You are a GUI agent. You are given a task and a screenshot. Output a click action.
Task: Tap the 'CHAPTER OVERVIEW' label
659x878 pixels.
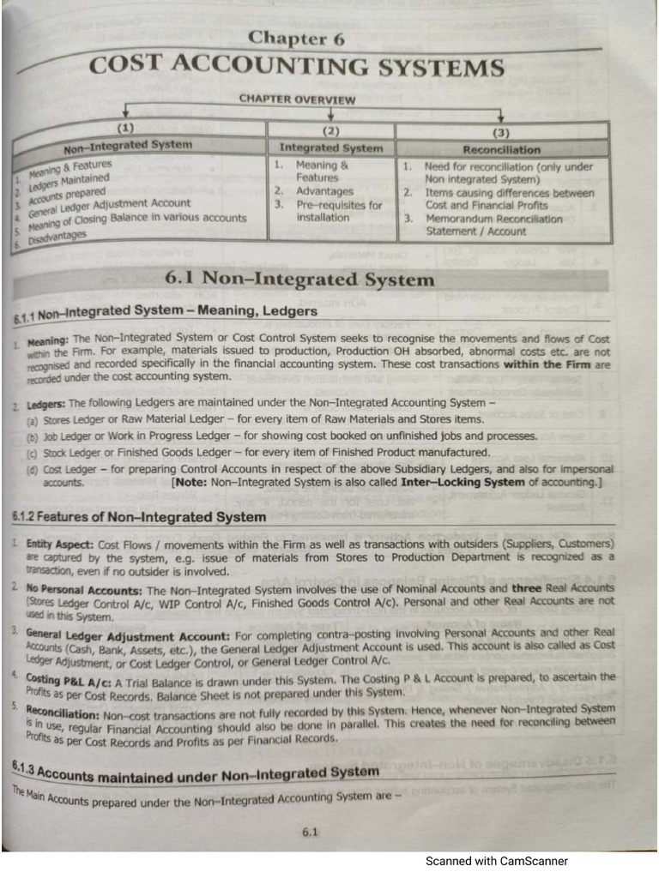click(x=298, y=100)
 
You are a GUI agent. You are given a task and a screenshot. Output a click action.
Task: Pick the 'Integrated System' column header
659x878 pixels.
click(x=331, y=148)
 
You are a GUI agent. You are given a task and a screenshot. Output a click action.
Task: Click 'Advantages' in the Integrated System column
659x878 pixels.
click(x=324, y=191)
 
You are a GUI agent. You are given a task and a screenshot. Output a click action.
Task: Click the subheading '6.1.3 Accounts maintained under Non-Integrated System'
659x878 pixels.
click(x=193, y=773)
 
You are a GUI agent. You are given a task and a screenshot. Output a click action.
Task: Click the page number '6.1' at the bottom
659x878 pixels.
click(x=311, y=831)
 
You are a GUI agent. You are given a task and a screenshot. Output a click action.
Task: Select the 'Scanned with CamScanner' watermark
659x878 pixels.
click(x=496, y=862)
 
